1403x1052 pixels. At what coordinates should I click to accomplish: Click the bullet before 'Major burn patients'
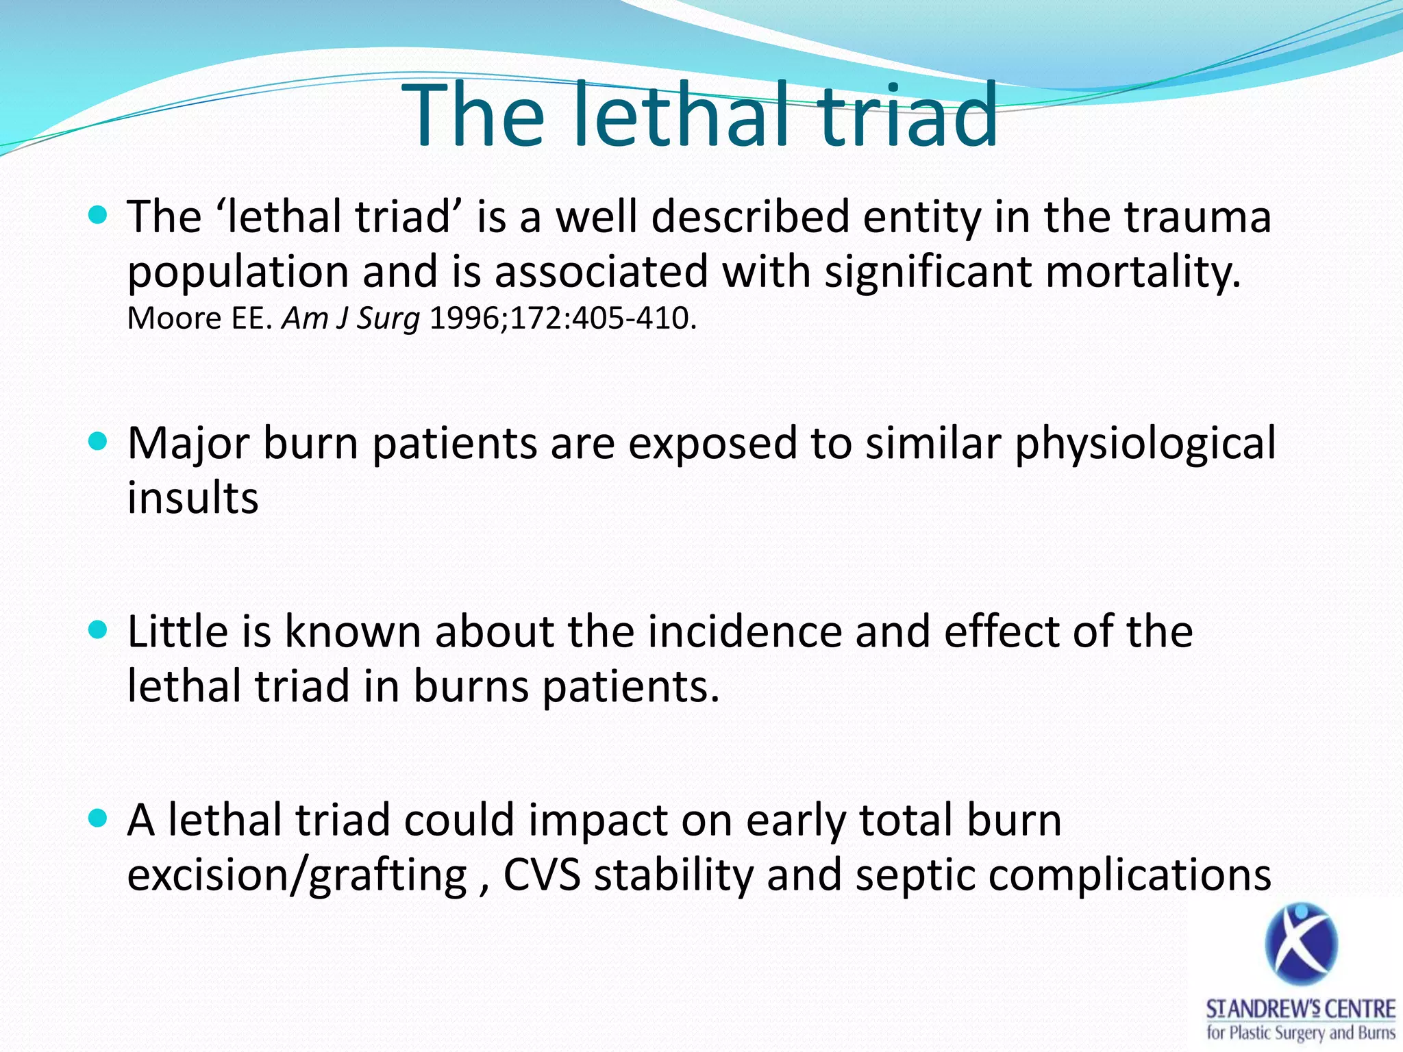[99, 442]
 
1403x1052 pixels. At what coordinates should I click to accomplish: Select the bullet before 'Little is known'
[99, 630]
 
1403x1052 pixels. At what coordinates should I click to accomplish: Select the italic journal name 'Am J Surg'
[351, 318]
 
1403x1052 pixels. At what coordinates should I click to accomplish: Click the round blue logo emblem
[1301, 944]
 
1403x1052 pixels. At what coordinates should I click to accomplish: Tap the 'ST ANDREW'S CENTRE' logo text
[1300, 1010]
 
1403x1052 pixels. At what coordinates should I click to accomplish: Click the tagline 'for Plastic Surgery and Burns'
[1300, 1032]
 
